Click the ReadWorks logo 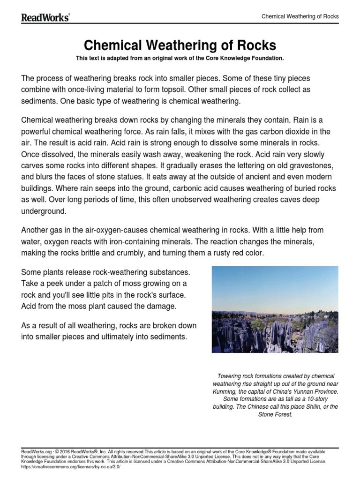click(45, 17)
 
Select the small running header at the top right click(300, 16)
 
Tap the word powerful click(38, 131)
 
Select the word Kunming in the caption click(223, 391)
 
